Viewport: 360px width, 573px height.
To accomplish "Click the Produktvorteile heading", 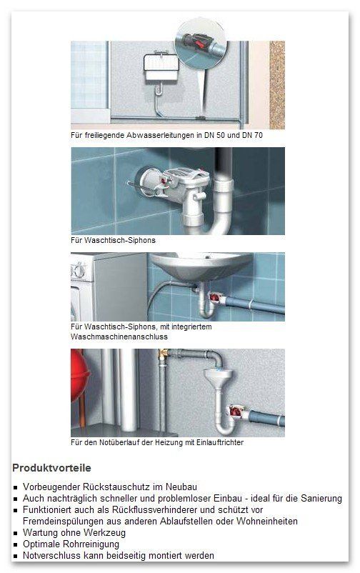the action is (x=51, y=468).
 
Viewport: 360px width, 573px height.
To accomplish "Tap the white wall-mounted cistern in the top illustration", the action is (x=161, y=68).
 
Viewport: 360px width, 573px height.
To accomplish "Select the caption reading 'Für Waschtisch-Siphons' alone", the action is (x=113, y=241).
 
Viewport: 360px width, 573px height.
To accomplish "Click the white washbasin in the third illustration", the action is (x=201, y=265).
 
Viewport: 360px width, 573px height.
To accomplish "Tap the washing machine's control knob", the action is (x=79, y=272).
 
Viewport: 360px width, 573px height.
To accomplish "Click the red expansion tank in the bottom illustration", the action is (x=79, y=377).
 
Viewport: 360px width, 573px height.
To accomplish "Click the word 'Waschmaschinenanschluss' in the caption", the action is (x=119, y=337).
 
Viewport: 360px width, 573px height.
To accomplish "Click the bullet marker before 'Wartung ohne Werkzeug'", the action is (x=15, y=533).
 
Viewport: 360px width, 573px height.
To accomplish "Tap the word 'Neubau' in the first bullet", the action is (x=181, y=487).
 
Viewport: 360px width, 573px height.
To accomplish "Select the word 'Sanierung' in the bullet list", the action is (x=321, y=499).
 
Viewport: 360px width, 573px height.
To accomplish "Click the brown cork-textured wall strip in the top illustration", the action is (x=277, y=85).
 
